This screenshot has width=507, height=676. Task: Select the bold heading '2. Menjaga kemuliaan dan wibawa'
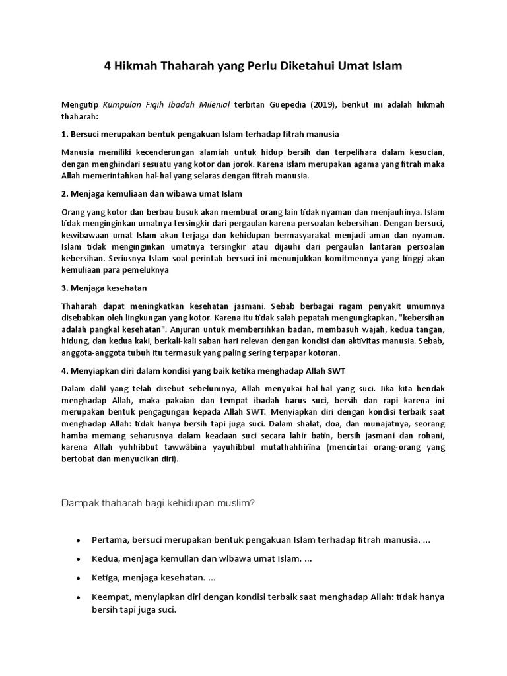tap(151, 194)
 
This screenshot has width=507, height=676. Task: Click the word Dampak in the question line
tap(79, 503)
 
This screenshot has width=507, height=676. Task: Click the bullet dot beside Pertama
tap(79, 541)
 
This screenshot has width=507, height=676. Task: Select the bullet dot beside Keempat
tap(79, 597)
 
